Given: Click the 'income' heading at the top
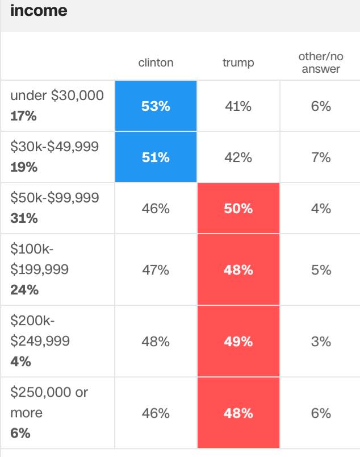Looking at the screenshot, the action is pyautogui.click(x=39, y=10).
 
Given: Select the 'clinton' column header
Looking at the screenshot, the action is pyautogui.click(x=156, y=63).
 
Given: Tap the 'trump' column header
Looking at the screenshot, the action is pyautogui.click(x=238, y=63).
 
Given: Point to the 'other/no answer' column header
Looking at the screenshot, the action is pyautogui.click(x=321, y=63).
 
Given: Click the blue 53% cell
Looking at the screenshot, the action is pyautogui.click(x=156, y=106).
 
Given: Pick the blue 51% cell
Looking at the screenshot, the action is pyautogui.click(x=156, y=157).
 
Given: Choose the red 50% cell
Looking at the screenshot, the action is pyautogui.click(x=238, y=209).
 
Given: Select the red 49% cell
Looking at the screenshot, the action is pyautogui.click(x=238, y=341).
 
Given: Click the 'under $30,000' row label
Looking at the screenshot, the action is pyautogui.click(x=57, y=95).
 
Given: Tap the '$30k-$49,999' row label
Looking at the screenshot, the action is pyautogui.click(x=55, y=147).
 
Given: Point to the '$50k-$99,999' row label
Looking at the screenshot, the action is pyautogui.click(x=55, y=198).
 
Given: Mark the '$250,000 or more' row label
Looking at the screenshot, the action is pyautogui.click(x=49, y=402).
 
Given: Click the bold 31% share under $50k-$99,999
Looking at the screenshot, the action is pyautogui.click(x=24, y=218).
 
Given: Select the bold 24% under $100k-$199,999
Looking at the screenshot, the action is pyautogui.click(x=24, y=290).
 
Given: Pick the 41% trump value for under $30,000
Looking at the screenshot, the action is pyautogui.click(x=238, y=106).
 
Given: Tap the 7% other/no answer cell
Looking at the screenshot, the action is pyautogui.click(x=321, y=157).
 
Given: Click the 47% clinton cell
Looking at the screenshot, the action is pyautogui.click(x=156, y=270).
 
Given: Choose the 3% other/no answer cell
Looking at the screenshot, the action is pyautogui.click(x=321, y=342).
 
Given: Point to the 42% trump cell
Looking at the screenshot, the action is pyautogui.click(x=238, y=157).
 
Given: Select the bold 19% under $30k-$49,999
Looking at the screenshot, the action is pyautogui.click(x=24, y=167).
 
